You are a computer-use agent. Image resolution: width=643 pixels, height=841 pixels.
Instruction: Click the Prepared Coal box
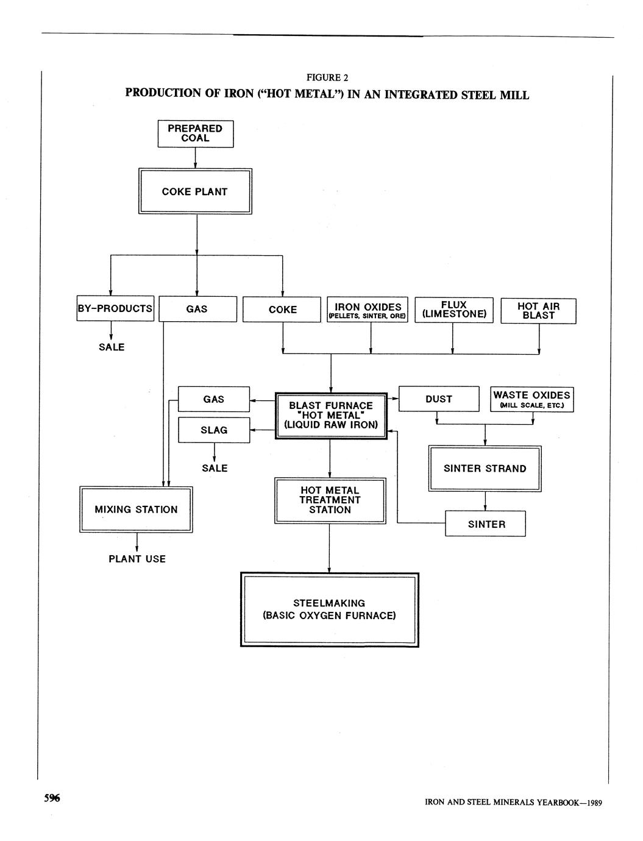[195, 133]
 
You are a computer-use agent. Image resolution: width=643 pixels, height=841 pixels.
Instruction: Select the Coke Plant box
[195, 191]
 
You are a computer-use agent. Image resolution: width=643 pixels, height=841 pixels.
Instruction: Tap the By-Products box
[115, 308]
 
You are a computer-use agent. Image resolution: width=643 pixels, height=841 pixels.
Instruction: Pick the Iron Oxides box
[368, 310]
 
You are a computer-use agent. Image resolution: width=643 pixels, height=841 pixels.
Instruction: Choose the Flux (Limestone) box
[453, 310]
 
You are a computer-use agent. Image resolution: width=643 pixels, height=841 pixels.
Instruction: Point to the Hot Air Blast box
[538, 310]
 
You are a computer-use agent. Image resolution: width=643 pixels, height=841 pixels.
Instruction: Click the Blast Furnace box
[330, 415]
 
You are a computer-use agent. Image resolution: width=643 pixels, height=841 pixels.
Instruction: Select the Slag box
[214, 430]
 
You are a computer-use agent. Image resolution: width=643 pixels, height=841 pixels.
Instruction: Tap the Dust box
[438, 399]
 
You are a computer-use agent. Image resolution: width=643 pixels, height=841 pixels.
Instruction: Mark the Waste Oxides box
[531, 399]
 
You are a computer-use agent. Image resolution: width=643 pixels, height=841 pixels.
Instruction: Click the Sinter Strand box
[485, 468]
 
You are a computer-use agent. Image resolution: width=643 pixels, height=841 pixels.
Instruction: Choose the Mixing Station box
[136, 509]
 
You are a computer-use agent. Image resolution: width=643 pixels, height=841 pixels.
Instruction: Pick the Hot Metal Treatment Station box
[330, 500]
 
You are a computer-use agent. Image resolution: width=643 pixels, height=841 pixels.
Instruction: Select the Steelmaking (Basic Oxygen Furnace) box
[329, 609]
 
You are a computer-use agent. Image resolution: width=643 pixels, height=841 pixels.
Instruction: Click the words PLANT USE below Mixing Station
[137, 559]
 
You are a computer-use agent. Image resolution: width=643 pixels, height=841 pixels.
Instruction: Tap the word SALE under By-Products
[112, 347]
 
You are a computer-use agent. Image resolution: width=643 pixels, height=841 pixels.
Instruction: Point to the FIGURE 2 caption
[327, 77]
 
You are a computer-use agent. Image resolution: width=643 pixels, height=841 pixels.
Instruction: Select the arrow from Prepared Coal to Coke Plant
[195, 157]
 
